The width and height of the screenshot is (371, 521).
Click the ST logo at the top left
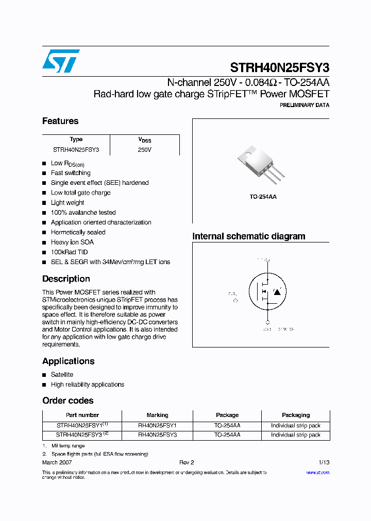pos(61,61)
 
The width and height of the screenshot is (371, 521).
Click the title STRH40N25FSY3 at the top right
pos(279,67)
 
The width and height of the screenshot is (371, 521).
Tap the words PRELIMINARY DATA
pos(304,105)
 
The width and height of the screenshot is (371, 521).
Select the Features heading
pos(60,121)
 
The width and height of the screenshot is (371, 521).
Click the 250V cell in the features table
pos(145,150)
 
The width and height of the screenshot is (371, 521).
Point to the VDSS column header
pos(145,140)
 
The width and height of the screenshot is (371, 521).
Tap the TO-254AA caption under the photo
pos(263,197)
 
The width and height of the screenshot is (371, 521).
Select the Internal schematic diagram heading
pos(248,236)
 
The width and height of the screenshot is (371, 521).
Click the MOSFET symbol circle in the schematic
pos(267,292)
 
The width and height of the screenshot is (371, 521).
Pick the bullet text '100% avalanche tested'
pos(83,213)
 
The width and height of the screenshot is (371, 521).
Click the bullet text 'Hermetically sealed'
pos(78,232)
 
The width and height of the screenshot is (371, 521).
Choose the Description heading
pos(66,279)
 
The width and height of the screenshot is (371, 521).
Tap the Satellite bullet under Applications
pos(62,375)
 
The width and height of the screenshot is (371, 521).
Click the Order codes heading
pos(68,401)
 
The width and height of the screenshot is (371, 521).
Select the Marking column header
pos(157,415)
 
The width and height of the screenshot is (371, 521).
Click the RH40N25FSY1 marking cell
pos(157,426)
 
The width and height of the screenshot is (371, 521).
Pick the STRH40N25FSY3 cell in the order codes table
pos(79,435)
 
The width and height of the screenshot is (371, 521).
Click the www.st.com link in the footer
pos(317,473)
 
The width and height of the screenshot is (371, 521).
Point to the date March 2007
pos(57,463)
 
